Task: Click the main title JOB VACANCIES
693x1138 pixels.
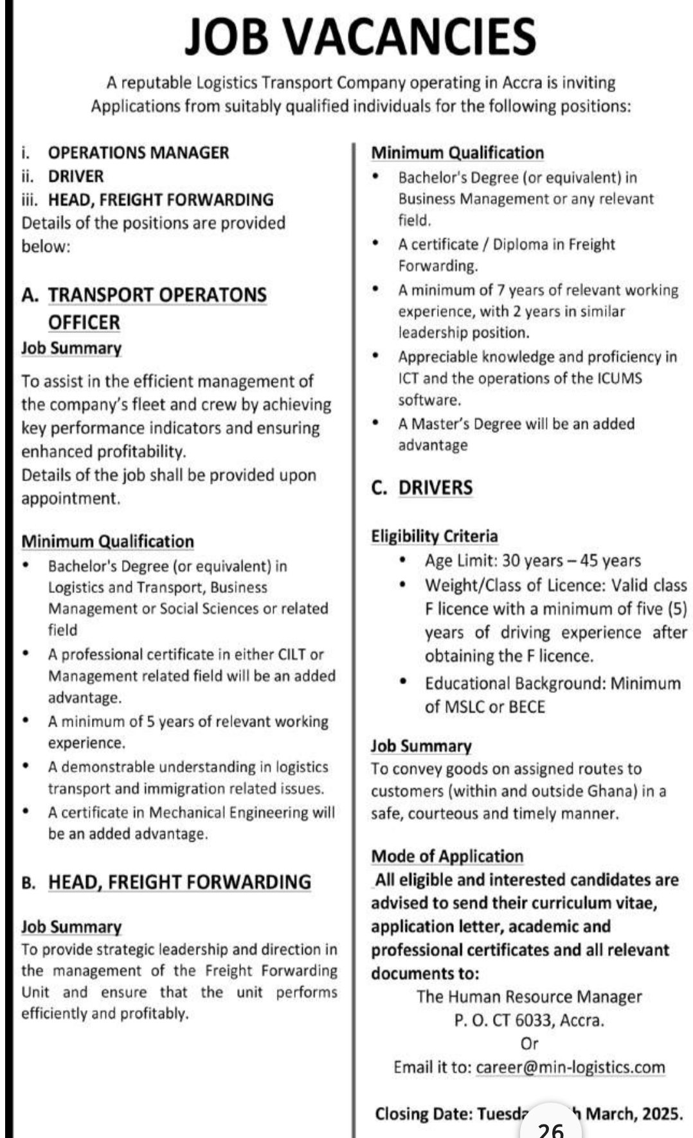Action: (360, 36)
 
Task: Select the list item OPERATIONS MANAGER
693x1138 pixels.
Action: (138, 153)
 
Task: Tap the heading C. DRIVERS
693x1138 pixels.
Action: (422, 488)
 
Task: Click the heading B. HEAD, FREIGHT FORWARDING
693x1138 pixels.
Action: (166, 882)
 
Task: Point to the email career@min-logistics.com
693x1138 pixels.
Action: (570, 1067)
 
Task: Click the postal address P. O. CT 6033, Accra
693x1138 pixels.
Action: (529, 1020)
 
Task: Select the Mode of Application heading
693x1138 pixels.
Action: (447, 857)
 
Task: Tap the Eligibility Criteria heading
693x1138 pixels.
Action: (435, 536)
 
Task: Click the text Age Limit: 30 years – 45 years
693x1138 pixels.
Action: (532, 561)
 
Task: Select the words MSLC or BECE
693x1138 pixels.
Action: (485, 707)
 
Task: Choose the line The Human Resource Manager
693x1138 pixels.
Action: (529, 997)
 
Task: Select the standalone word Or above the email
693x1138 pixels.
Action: (529, 1044)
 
